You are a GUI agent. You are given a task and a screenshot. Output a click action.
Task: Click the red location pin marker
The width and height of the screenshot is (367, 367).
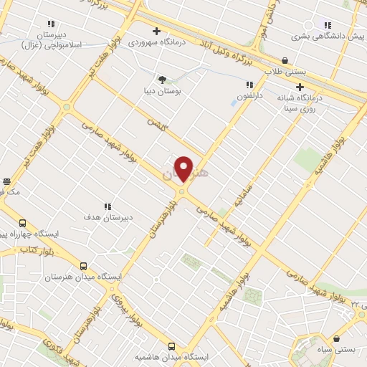(x=184, y=169)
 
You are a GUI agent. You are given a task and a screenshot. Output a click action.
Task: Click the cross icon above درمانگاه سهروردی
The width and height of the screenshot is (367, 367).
(x=156, y=31)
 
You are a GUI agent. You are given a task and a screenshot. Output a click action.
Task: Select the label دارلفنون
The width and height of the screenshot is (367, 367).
(x=251, y=95)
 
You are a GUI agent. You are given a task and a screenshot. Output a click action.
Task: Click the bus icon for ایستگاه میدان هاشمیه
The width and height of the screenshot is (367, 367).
(x=171, y=345)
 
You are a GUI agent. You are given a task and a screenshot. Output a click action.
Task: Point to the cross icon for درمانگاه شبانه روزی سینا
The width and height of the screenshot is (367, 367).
(x=300, y=87)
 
